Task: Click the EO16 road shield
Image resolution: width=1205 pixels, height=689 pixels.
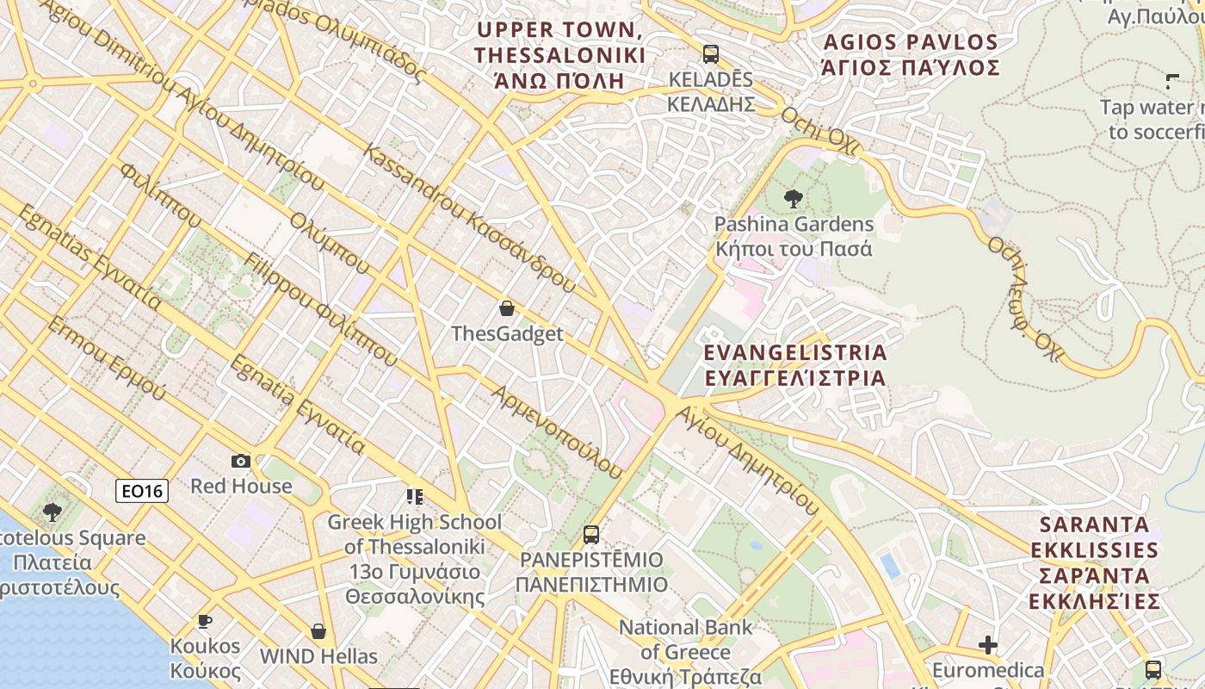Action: pos(142,491)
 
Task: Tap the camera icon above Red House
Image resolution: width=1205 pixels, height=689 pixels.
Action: pos(241,462)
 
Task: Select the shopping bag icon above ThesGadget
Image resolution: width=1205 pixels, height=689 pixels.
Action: pos(507,308)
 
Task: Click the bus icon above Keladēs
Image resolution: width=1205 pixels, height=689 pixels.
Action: pos(711,54)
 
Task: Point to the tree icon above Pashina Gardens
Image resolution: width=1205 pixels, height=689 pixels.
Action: pos(793,199)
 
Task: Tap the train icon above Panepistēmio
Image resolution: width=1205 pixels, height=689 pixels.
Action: pos(591,534)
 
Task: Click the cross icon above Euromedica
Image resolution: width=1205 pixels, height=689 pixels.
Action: pos(988,644)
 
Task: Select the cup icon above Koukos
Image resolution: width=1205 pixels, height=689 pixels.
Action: pos(204,620)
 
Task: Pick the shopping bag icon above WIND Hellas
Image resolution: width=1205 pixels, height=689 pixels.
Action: pos(318,631)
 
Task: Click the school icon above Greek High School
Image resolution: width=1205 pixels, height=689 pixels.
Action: pos(414,496)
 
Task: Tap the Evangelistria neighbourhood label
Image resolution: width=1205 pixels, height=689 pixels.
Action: pos(794,365)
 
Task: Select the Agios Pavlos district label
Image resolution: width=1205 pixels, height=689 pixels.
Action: pos(911,54)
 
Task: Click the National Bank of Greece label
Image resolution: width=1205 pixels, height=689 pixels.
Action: pos(685,651)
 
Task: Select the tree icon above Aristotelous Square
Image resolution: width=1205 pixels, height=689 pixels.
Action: pos(53,512)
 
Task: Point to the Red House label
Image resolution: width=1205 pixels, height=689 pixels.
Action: pos(241,486)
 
